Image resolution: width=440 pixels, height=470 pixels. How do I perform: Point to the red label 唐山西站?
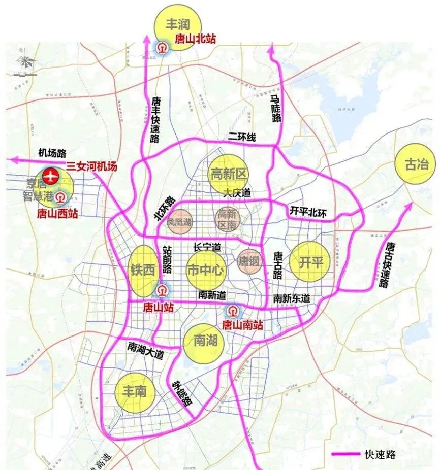pos(58,214)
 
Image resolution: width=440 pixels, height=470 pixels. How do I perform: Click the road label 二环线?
pos(242,136)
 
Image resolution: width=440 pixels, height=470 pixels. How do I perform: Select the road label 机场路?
pos(53,153)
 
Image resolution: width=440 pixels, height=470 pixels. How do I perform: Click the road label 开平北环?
pos(307,211)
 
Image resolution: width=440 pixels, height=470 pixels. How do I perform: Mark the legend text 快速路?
pos(380,454)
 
